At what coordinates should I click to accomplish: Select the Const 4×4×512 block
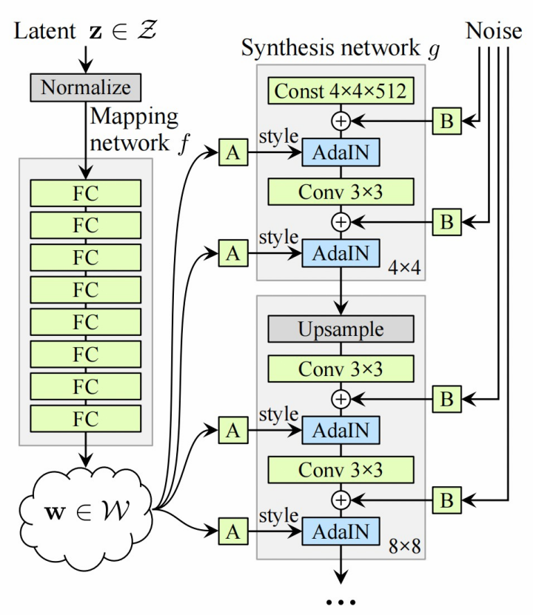[x=340, y=92]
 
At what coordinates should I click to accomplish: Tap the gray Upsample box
[x=340, y=328]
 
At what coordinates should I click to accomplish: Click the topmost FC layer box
[x=85, y=193]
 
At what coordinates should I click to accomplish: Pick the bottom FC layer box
[x=85, y=417]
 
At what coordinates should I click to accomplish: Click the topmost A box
[x=232, y=154]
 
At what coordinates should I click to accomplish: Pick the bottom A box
[x=232, y=530]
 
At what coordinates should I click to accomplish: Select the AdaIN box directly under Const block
[x=340, y=154]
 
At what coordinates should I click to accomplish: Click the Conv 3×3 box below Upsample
[x=340, y=368]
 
